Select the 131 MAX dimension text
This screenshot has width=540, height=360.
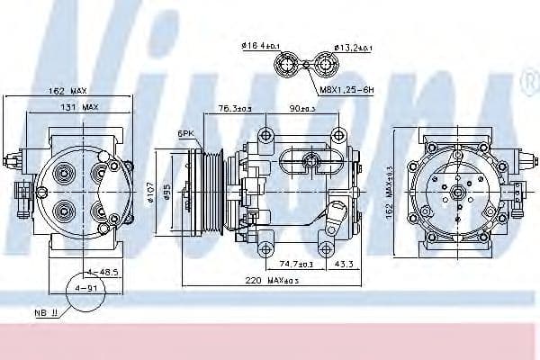click(x=78, y=107)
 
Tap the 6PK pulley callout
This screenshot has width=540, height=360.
click(x=186, y=133)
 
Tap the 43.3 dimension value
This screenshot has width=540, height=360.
click(x=343, y=265)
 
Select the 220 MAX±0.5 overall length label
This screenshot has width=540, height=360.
click(x=267, y=282)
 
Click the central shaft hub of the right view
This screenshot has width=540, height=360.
click(x=458, y=192)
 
